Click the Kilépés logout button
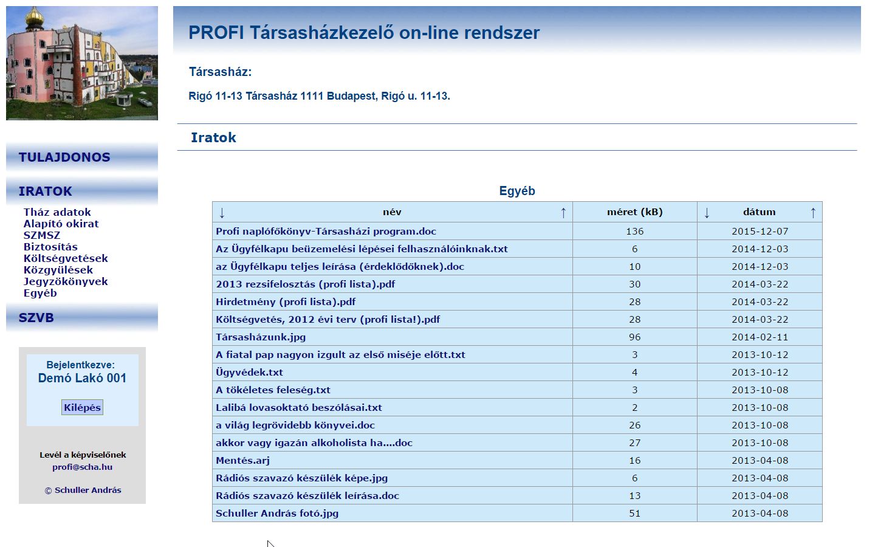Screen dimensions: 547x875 [x=82, y=407]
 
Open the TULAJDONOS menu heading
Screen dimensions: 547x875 [x=64, y=157]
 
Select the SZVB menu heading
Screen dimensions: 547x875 [x=36, y=318]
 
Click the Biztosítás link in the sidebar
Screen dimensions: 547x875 [x=50, y=247]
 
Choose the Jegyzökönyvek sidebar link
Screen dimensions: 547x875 [x=66, y=281]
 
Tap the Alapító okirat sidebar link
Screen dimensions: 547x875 [x=61, y=224]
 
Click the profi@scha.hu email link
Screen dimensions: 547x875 [x=82, y=467]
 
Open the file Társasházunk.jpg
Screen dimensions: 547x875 [x=261, y=337]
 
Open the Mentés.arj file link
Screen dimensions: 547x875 [x=242, y=460]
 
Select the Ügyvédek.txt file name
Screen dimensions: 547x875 [x=249, y=372]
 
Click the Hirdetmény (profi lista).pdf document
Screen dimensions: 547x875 [x=286, y=301]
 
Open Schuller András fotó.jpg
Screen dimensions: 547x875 [x=277, y=513]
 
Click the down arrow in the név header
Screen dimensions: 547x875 [x=222, y=212]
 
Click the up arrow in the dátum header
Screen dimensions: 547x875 [x=813, y=212]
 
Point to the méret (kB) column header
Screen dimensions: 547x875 [x=634, y=212]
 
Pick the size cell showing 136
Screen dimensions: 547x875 [x=634, y=231]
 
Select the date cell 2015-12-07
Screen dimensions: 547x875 [x=760, y=231]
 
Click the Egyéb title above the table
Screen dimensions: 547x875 [x=517, y=191]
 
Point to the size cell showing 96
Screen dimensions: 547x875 [x=634, y=337]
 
